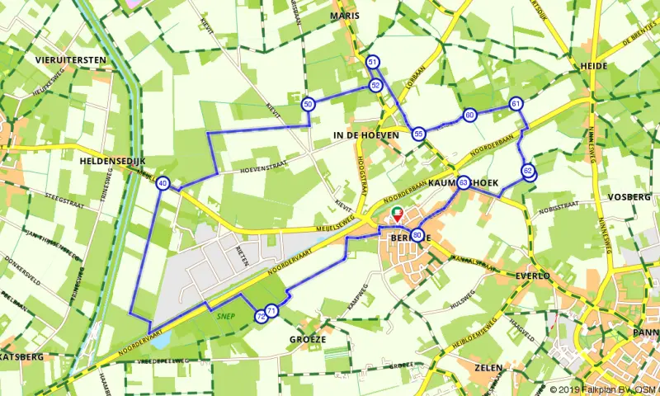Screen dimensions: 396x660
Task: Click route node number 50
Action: click(308, 104)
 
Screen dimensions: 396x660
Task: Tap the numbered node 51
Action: click(372, 63)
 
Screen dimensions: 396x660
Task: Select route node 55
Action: click(419, 134)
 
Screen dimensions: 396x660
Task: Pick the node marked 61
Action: click(516, 104)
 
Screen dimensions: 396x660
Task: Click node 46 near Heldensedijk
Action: click(163, 184)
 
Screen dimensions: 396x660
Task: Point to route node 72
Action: click(261, 315)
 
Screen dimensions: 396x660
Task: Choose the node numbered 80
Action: click(418, 235)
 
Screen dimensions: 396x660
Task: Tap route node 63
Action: click(464, 182)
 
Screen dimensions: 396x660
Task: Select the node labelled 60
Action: click(469, 115)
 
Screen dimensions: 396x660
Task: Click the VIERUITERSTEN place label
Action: click(70, 60)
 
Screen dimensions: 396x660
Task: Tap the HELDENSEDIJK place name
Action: click(113, 162)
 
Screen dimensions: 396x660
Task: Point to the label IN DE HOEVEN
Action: click(365, 134)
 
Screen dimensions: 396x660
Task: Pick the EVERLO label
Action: click(532, 276)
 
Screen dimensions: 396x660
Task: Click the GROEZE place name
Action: click(308, 339)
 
